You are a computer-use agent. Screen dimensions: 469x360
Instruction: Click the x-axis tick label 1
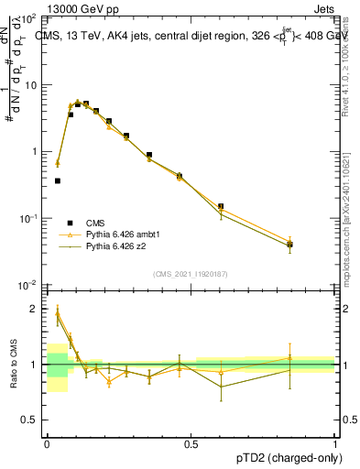coord(335,442)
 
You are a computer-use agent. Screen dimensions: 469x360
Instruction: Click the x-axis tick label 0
coord(47,442)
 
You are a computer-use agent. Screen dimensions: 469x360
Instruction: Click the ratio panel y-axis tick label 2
coord(35,309)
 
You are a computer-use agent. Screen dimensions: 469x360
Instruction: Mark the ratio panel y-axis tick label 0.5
coord(30,421)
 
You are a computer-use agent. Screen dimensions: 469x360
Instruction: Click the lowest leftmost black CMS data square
coord(58,181)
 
